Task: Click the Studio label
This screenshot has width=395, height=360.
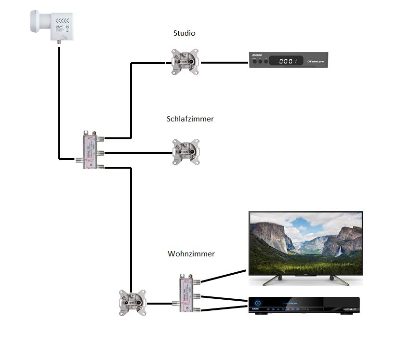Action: click(184, 33)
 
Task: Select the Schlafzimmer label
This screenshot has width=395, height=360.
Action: click(190, 119)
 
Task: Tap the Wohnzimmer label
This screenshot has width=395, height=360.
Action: click(191, 253)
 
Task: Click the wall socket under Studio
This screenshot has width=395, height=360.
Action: click(186, 62)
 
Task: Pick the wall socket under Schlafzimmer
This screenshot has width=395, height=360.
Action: click(186, 152)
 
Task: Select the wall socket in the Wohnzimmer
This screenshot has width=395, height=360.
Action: click(132, 303)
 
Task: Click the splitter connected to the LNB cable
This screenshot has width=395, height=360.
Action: click(91, 149)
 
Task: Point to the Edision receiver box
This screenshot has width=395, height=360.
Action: click(288, 59)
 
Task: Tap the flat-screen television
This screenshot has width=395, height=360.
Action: click(305, 245)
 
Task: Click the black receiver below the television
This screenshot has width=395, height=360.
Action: click(303, 305)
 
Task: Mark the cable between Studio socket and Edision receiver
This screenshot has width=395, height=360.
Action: click(224, 62)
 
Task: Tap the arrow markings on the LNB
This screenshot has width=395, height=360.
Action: click(63, 21)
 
